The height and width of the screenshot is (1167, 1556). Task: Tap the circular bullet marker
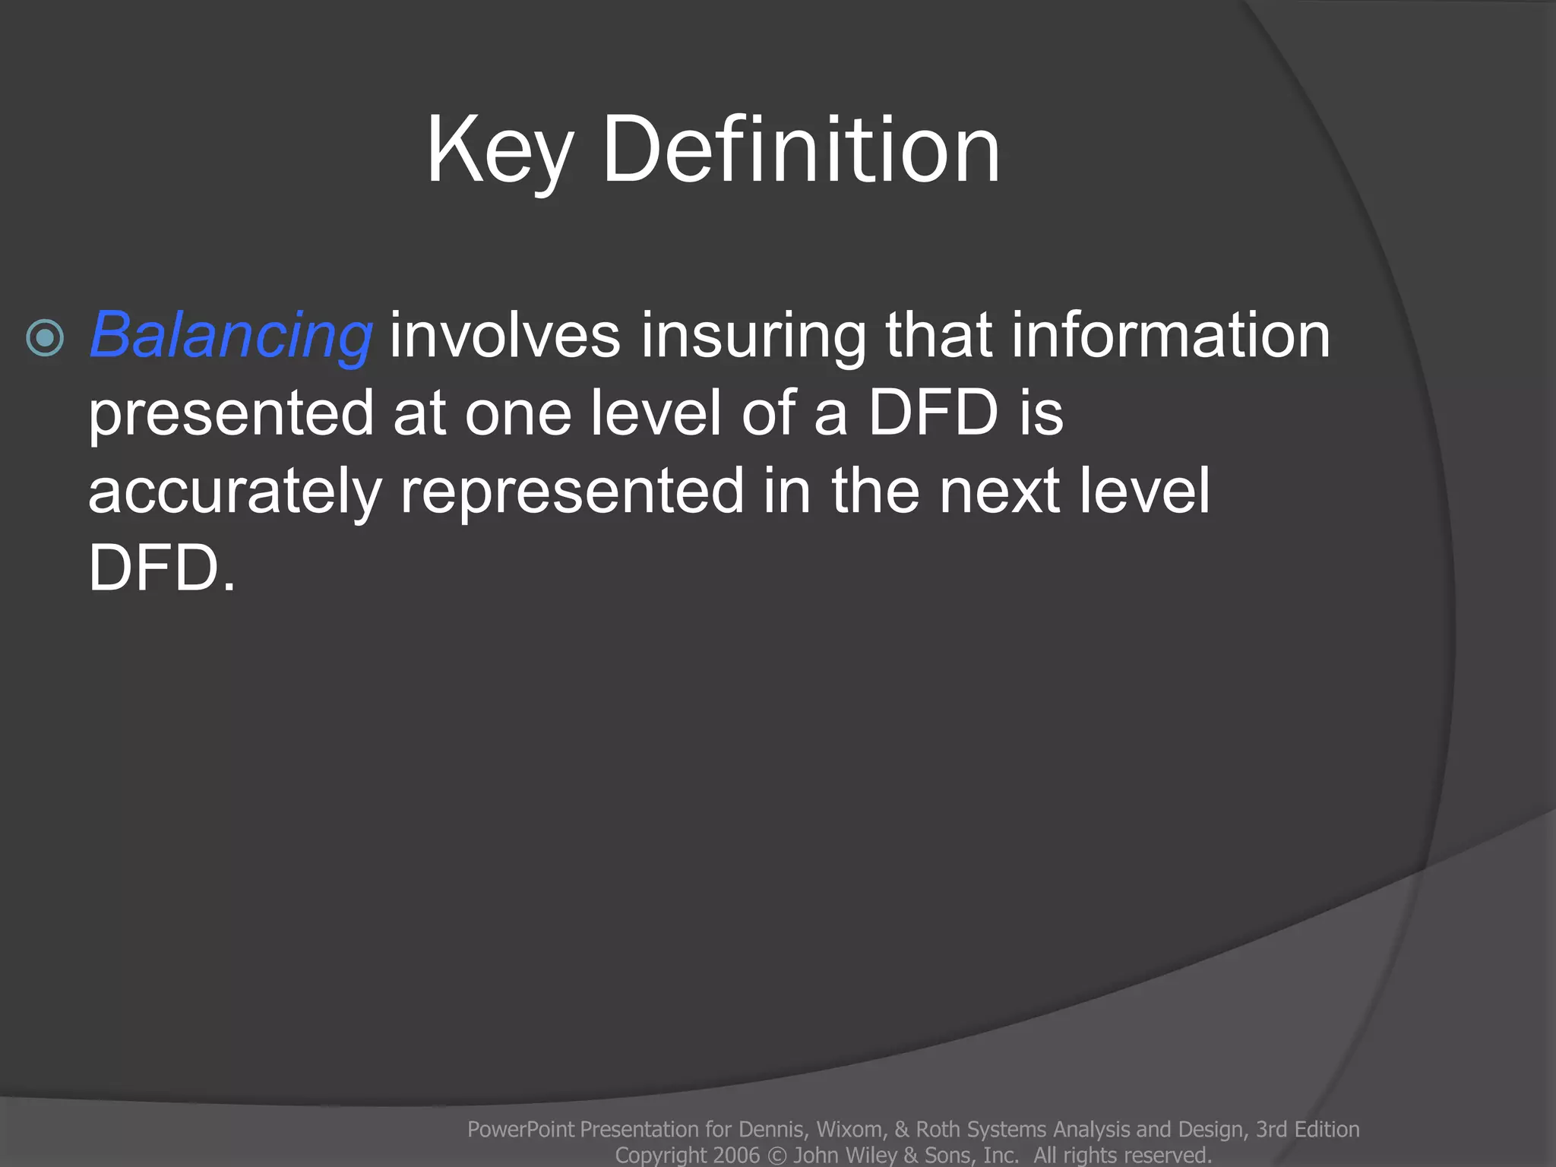tap(45, 337)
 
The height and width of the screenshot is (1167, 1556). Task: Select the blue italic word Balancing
tap(231, 335)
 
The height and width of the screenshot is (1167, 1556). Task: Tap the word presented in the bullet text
tap(231, 413)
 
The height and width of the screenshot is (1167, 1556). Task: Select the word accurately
tap(234, 492)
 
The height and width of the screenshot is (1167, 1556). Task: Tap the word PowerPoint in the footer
tap(520, 1130)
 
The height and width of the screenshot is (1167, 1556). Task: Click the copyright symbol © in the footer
tap(776, 1156)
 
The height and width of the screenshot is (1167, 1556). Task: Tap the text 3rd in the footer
tap(1270, 1130)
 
